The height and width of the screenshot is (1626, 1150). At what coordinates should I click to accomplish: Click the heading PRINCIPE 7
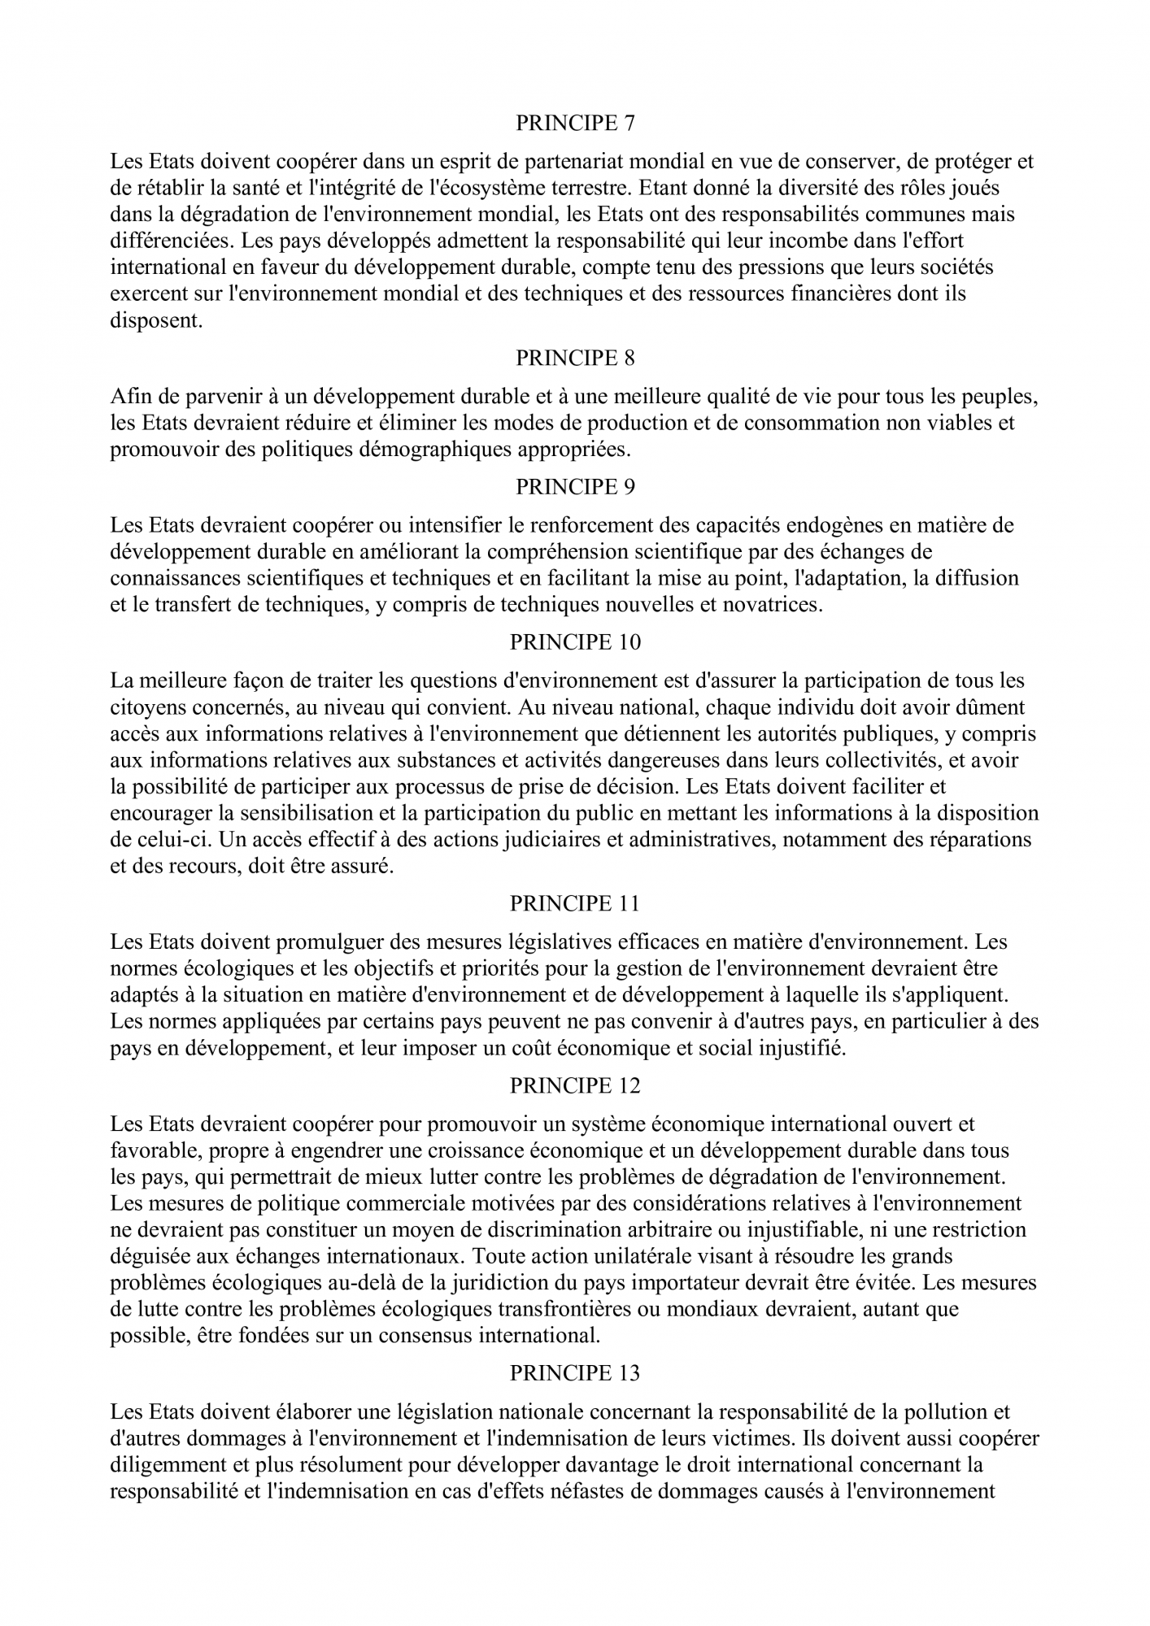tap(575, 123)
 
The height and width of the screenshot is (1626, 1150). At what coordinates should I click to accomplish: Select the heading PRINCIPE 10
tap(575, 642)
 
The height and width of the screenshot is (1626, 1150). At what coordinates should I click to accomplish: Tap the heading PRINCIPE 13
tap(575, 1373)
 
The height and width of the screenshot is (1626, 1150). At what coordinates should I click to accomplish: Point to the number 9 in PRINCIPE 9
tap(629, 487)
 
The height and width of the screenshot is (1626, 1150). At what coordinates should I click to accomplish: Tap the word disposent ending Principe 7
tap(155, 320)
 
